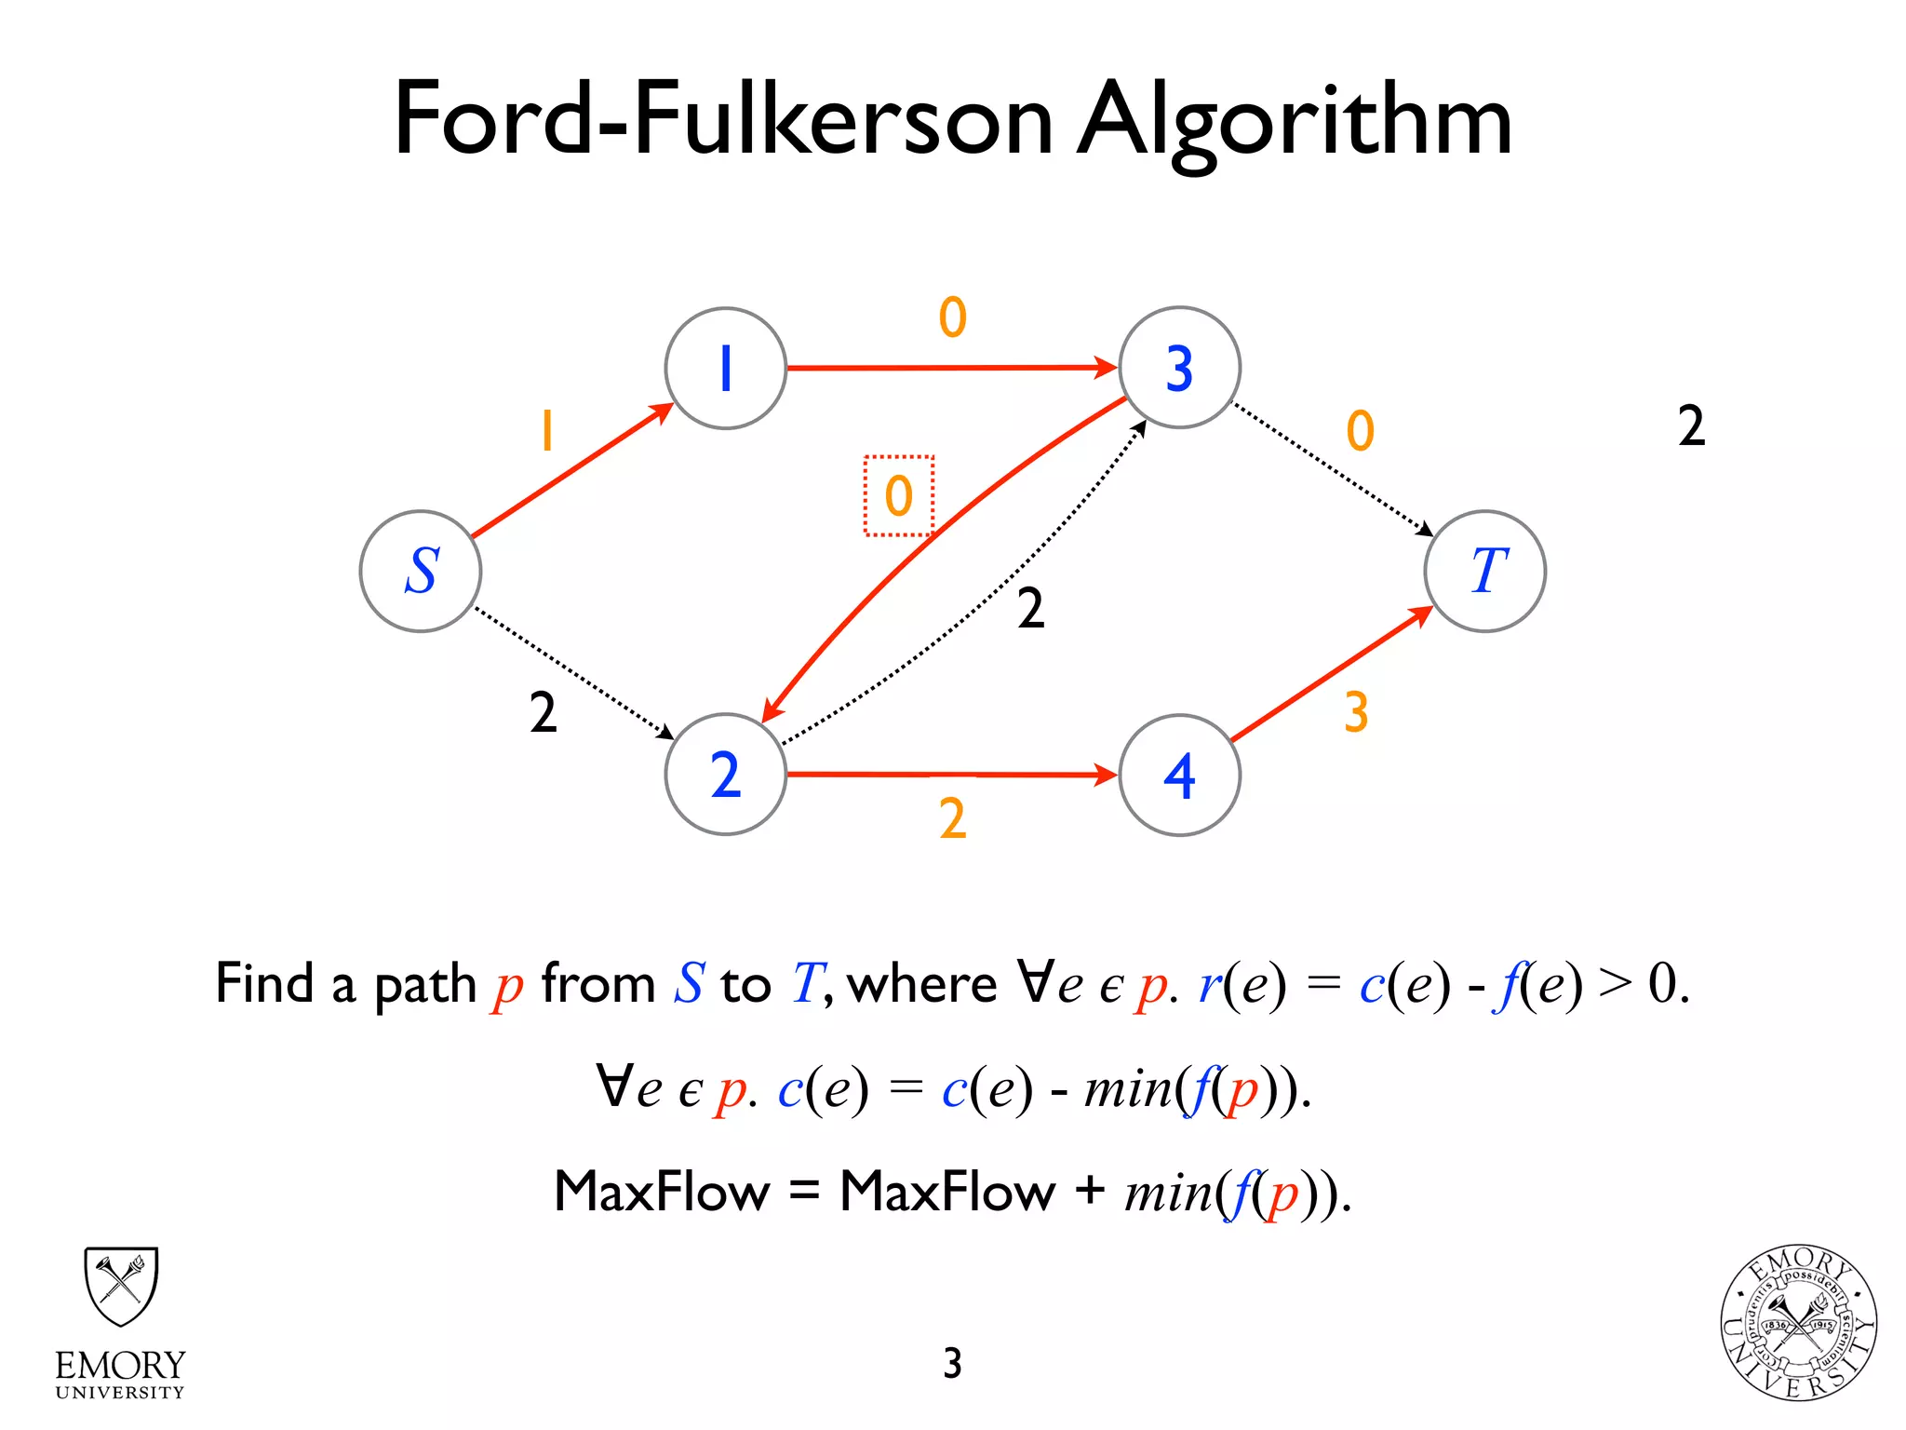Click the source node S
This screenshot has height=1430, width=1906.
coord(421,571)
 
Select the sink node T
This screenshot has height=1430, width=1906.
coord(1485,571)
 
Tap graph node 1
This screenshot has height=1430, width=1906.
coord(726,368)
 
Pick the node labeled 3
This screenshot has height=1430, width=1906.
coord(1179,368)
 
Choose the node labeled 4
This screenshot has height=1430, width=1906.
coord(1179,775)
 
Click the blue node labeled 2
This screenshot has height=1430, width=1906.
coord(726,775)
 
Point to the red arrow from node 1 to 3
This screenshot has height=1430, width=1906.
coord(949,368)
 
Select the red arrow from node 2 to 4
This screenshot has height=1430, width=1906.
coord(949,774)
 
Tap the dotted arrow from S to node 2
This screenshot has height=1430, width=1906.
coord(572,672)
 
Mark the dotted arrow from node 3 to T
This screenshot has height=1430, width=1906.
coord(1331,468)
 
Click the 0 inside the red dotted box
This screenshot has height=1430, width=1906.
coord(899,495)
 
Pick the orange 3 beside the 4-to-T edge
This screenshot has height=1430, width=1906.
coord(1356,712)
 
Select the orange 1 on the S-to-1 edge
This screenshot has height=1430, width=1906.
coord(547,430)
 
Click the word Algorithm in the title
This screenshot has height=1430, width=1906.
coord(1294,121)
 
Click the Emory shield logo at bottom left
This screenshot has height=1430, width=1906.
coord(121,1287)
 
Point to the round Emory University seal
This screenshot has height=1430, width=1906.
coord(1798,1323)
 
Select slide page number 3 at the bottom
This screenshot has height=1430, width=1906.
coord(952,1363)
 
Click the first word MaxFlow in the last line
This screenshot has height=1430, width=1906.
coord(662,1191)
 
